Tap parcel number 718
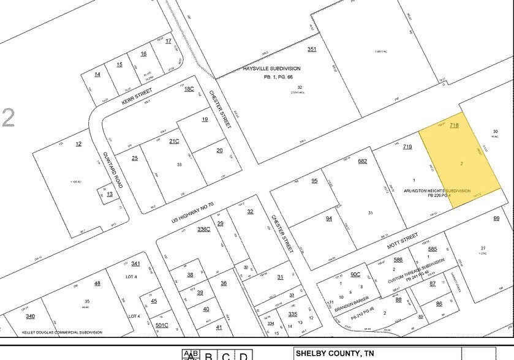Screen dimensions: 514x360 [x=454, y=125]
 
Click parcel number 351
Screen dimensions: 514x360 [x=312, y=49]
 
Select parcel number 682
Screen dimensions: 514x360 [x=362, y=161]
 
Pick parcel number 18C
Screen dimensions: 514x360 [x=189, y=89]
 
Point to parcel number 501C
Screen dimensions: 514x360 [x=162, y=325]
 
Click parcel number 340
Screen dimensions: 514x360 [x=30, y=316]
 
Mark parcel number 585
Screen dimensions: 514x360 [x=433, y=249]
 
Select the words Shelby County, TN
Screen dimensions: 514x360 [x=336, y=353]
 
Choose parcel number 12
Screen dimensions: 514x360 [x=78, y=144]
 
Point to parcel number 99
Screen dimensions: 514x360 [x=496, y=219]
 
